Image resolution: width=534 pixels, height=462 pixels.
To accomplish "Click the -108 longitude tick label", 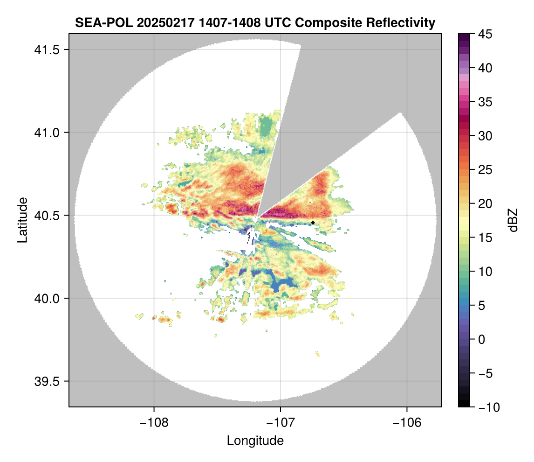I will tap(154, 422).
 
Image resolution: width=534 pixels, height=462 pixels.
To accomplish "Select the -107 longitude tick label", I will tap(281, 422).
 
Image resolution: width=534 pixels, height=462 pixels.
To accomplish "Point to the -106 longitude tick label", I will tap(407, 422).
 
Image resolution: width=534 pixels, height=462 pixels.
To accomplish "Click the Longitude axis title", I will tap(255, 441).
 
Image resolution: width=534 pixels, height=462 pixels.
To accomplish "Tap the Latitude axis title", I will tap(22, 219).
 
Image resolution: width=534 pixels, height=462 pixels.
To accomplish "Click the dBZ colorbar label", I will tap(513, 220).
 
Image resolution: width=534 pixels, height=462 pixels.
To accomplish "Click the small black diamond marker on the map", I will tap(313, 223).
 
